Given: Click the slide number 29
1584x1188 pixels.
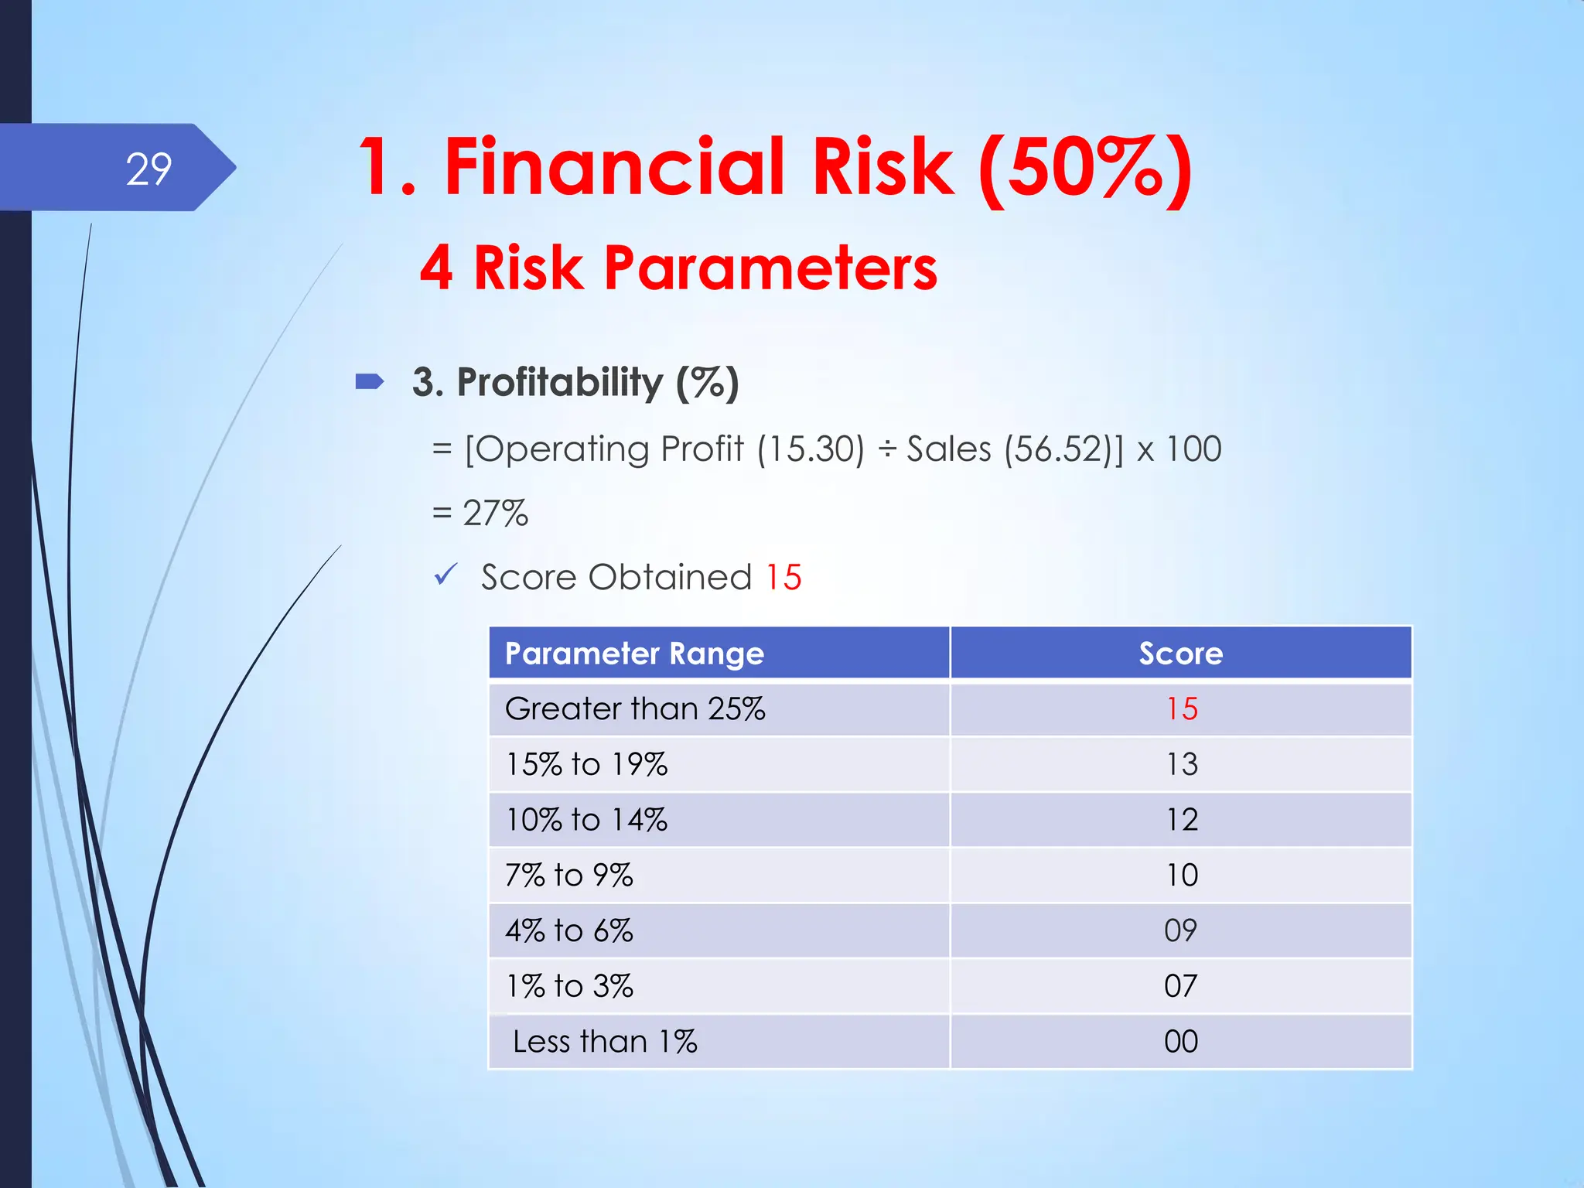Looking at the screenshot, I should tap(148, 169).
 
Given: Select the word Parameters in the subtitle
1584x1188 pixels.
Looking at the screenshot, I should tap(770, 268).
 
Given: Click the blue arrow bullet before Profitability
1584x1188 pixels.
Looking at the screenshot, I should tap(370, 381).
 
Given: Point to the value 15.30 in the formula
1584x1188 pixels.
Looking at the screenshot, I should tap(811, 449).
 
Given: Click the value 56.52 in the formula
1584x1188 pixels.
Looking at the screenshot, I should tap(1057, 449).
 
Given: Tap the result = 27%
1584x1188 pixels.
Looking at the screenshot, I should tap(480, 513).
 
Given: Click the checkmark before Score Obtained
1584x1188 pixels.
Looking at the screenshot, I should tap(445, 575).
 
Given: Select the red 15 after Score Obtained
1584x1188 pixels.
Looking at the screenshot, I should tap(783, 577).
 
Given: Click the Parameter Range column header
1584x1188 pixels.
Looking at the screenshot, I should tap(634, 654).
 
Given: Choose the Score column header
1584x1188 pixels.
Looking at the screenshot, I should tap(1180, 654).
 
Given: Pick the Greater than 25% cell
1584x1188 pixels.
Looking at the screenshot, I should tap(635, 708).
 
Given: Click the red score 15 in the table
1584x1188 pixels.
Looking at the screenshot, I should tap(1181, 708).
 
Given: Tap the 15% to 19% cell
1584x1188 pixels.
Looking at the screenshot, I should tap(586, 764).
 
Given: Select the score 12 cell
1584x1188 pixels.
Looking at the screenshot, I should tap(1181, 820).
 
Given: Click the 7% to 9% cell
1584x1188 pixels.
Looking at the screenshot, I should tap(569, 876).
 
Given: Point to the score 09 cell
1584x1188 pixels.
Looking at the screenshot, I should tap(1180, 930).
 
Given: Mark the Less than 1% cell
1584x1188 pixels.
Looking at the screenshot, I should tap(605, 1042).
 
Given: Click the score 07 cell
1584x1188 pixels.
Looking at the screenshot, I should tap(1180, 986).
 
